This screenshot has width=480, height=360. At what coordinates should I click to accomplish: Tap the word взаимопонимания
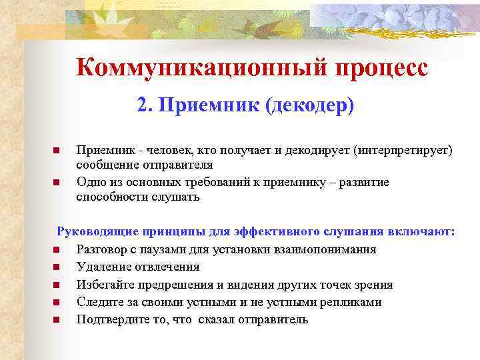(x=319, y=249)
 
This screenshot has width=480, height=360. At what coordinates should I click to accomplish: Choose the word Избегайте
(x=105, y=285)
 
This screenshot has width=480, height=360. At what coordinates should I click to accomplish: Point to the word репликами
(x=351, y=302)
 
